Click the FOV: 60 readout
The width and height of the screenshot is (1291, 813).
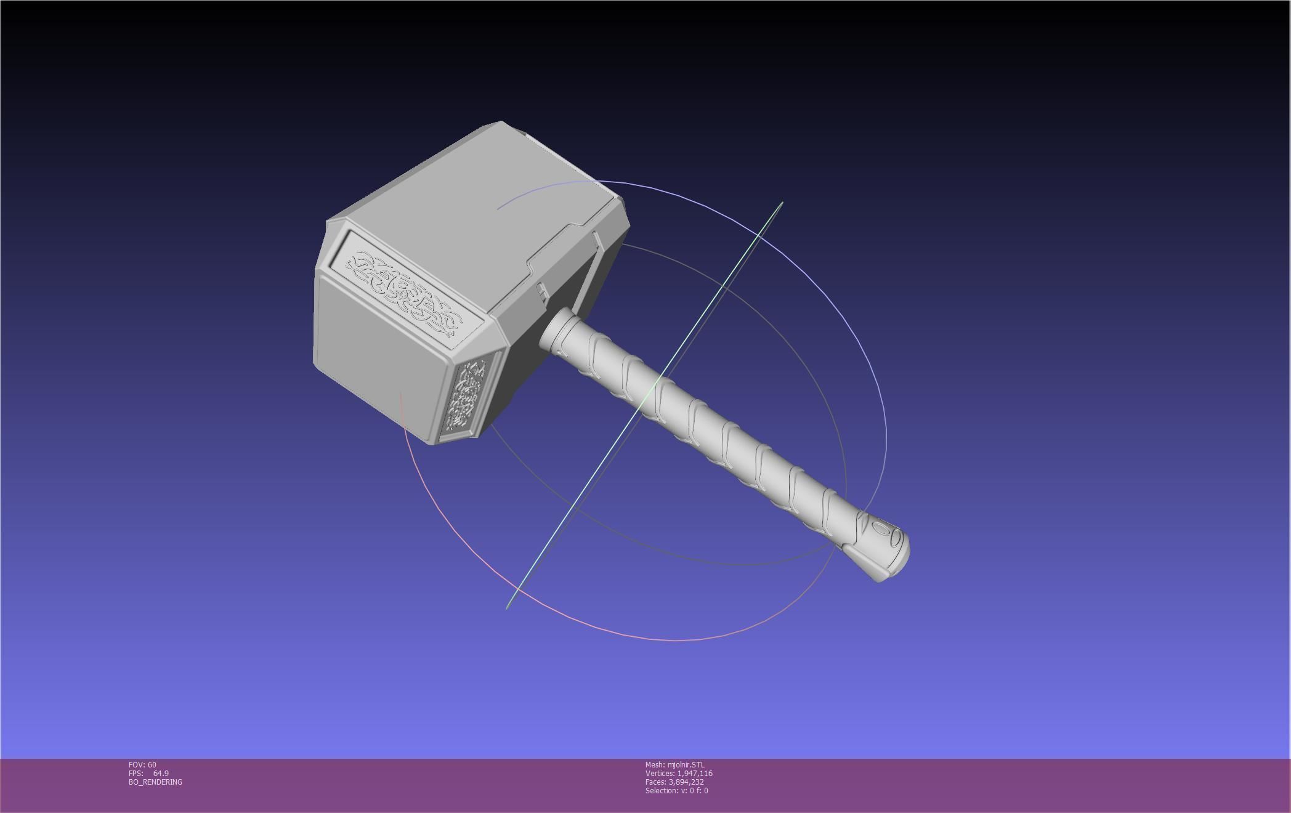tap(142, 765)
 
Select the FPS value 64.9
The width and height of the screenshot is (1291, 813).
tap(161, 774)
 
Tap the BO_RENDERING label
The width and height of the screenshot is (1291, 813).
tap(155, 782)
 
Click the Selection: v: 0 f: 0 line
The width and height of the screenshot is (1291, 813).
tap(676, 791)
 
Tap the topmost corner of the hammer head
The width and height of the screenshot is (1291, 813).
tap(500, 122)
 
